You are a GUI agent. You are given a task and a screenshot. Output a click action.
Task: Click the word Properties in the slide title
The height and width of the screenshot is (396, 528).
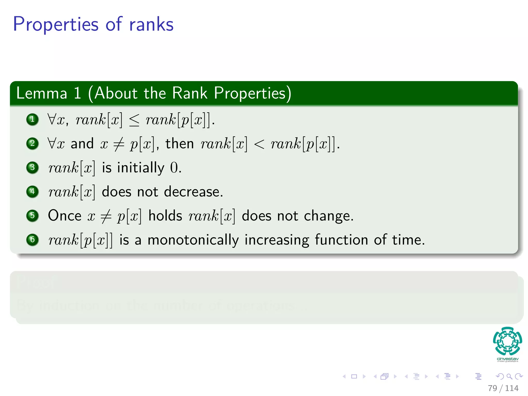(x=55, y=24)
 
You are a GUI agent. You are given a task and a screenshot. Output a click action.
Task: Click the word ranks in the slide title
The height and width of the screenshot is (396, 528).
(x=151, y=24)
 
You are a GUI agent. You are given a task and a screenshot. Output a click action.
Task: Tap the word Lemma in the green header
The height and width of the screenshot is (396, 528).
(x=42, y=93)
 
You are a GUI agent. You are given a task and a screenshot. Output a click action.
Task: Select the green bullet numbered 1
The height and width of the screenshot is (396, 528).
(x=32, y=119)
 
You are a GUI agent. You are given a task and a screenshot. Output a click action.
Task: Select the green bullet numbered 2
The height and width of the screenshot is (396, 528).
(x=32, y=143)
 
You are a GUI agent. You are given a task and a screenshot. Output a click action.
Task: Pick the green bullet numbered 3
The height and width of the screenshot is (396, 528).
(x=32, y=168)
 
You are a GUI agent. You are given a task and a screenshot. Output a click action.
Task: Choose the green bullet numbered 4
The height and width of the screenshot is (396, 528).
(x=32, y=192)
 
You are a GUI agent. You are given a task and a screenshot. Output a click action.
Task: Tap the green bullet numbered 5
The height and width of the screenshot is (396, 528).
(x=32, y=216)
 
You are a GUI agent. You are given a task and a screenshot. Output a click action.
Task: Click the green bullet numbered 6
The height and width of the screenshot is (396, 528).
(x=32, y=240)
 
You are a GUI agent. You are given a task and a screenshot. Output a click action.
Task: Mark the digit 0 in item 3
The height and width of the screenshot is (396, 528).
(x=174, y=168)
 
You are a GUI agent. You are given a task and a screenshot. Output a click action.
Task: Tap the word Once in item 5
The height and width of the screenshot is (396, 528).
(x=65, y=216)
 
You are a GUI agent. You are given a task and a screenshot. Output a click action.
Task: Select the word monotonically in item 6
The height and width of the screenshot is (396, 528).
(x=193, y=240)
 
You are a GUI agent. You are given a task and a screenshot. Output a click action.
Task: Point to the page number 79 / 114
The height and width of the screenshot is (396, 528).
(x=503, y=388)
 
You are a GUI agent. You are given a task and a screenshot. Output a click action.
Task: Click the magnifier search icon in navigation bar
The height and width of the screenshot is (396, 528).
(x=509, y=376)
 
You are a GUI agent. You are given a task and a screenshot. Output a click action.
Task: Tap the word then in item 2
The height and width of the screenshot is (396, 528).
(x=179, y=144)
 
